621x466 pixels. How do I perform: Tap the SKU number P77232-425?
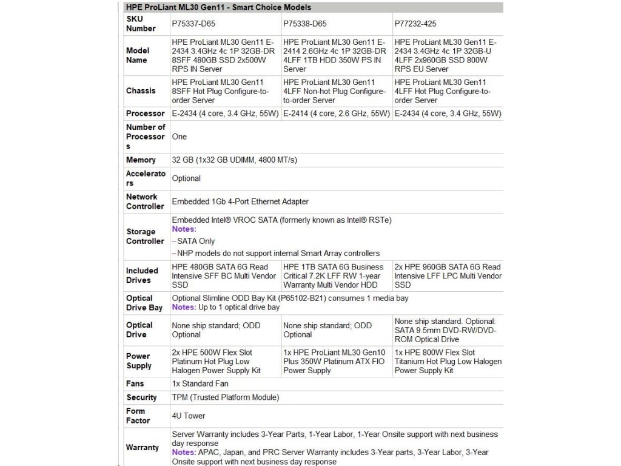(x=415, y=24)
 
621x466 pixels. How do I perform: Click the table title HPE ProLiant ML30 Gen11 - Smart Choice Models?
(x=218, y=8)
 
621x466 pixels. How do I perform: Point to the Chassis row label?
(x=141, y=91)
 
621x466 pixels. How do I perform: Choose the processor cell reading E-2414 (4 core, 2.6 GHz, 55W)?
(x=336, y=113)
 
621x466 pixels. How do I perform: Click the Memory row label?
(x=141, y=160)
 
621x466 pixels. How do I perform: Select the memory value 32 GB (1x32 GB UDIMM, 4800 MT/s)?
(x=234, y=160)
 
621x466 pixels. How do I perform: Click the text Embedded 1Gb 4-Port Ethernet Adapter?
(x=240, y=201)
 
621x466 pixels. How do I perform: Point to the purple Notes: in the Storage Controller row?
(x=184, y=229)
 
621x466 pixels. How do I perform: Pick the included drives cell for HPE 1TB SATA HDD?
(x=334, y=275)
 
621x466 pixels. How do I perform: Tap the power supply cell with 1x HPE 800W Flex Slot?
(x=448, y=361)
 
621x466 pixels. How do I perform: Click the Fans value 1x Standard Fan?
(x=200, y=383)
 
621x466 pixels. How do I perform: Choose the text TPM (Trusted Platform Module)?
(x=226, y=397)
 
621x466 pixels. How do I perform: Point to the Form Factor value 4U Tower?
(x=189, y=416)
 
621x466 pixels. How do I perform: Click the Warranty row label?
(x=143, y=447)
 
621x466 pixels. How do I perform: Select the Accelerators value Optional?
(x=186, y=178)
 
